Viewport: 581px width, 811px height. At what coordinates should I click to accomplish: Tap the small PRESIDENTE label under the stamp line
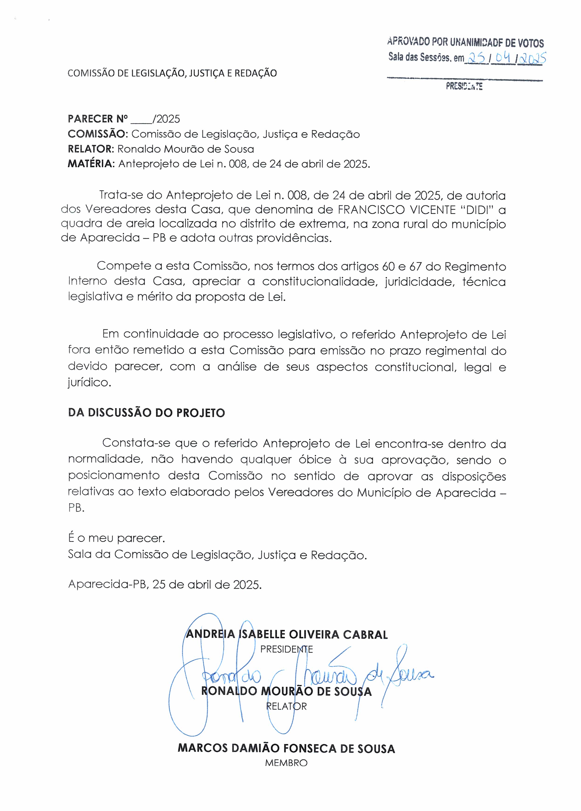464,86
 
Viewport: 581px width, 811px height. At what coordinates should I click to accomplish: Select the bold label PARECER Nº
98,119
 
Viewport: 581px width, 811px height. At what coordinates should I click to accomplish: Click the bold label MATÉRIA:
91,164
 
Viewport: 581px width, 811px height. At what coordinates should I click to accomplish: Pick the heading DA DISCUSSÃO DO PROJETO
146,413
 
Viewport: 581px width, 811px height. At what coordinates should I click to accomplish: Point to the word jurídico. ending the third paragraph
89,383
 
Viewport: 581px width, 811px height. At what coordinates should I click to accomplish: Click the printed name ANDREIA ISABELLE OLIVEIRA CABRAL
287,635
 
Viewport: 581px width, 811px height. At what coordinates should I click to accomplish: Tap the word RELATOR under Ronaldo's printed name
286,706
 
